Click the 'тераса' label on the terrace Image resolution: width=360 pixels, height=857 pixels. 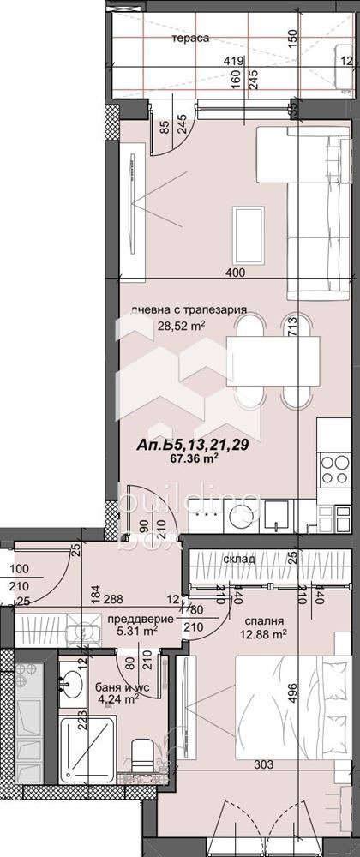[x=192, y=39]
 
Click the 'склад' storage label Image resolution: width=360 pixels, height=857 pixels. [x=239, y=559]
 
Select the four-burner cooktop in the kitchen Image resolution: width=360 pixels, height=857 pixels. [x=333, y=469]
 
